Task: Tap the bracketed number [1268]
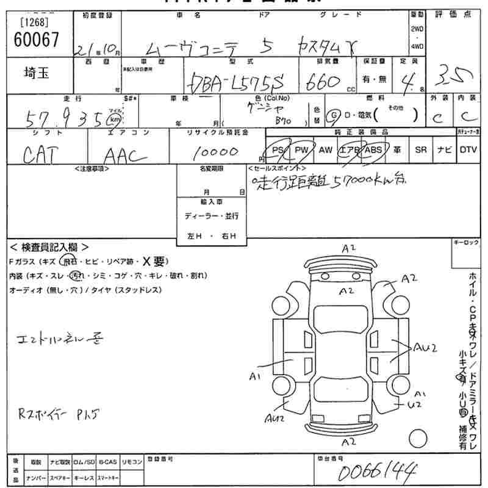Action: point(34,23)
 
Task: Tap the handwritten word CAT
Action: point(42,157)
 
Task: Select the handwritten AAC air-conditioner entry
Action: point(125,157)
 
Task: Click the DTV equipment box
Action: point(468,149)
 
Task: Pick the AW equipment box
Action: point(326,149)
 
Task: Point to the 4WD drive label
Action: point(416,46)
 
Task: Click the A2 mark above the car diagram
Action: point(349,248)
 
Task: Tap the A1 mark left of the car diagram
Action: point(255,376)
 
